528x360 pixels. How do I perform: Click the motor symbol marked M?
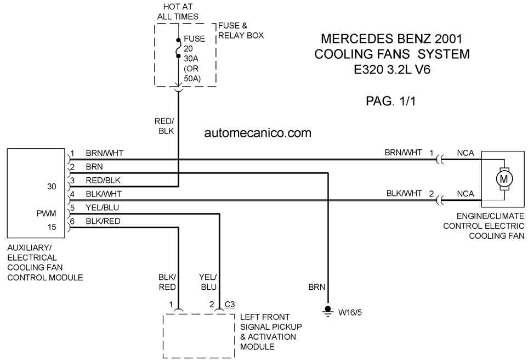pos(504,179)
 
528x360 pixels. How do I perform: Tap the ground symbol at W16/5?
pos(328,311)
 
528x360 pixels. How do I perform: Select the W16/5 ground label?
pos(350,312)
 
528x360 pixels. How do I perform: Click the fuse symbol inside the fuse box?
pos(179,48)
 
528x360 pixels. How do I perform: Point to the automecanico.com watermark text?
pos(258,133)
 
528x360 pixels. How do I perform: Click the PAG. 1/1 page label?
pos(390,101)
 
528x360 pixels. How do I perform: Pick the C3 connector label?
pos(230,305)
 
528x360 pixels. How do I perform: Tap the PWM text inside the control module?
pos(47,213)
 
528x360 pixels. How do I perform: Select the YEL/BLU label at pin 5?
pos(103,207)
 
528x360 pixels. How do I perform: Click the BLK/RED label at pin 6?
pos(103,221)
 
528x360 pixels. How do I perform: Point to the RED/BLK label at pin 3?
pos(103,181)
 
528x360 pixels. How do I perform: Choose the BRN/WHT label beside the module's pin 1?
pos(104,153)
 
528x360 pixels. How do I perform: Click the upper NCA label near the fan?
pos(465,153)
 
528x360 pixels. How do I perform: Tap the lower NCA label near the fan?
pos(465,194)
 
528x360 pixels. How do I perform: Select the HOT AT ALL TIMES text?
pos(178,12)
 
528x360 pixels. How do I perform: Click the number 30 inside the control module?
pos(52,187)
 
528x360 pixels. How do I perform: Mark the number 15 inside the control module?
pos(52,227)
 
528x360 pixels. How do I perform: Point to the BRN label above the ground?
pos(317,287)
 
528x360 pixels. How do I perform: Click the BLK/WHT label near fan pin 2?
pos(404,194)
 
